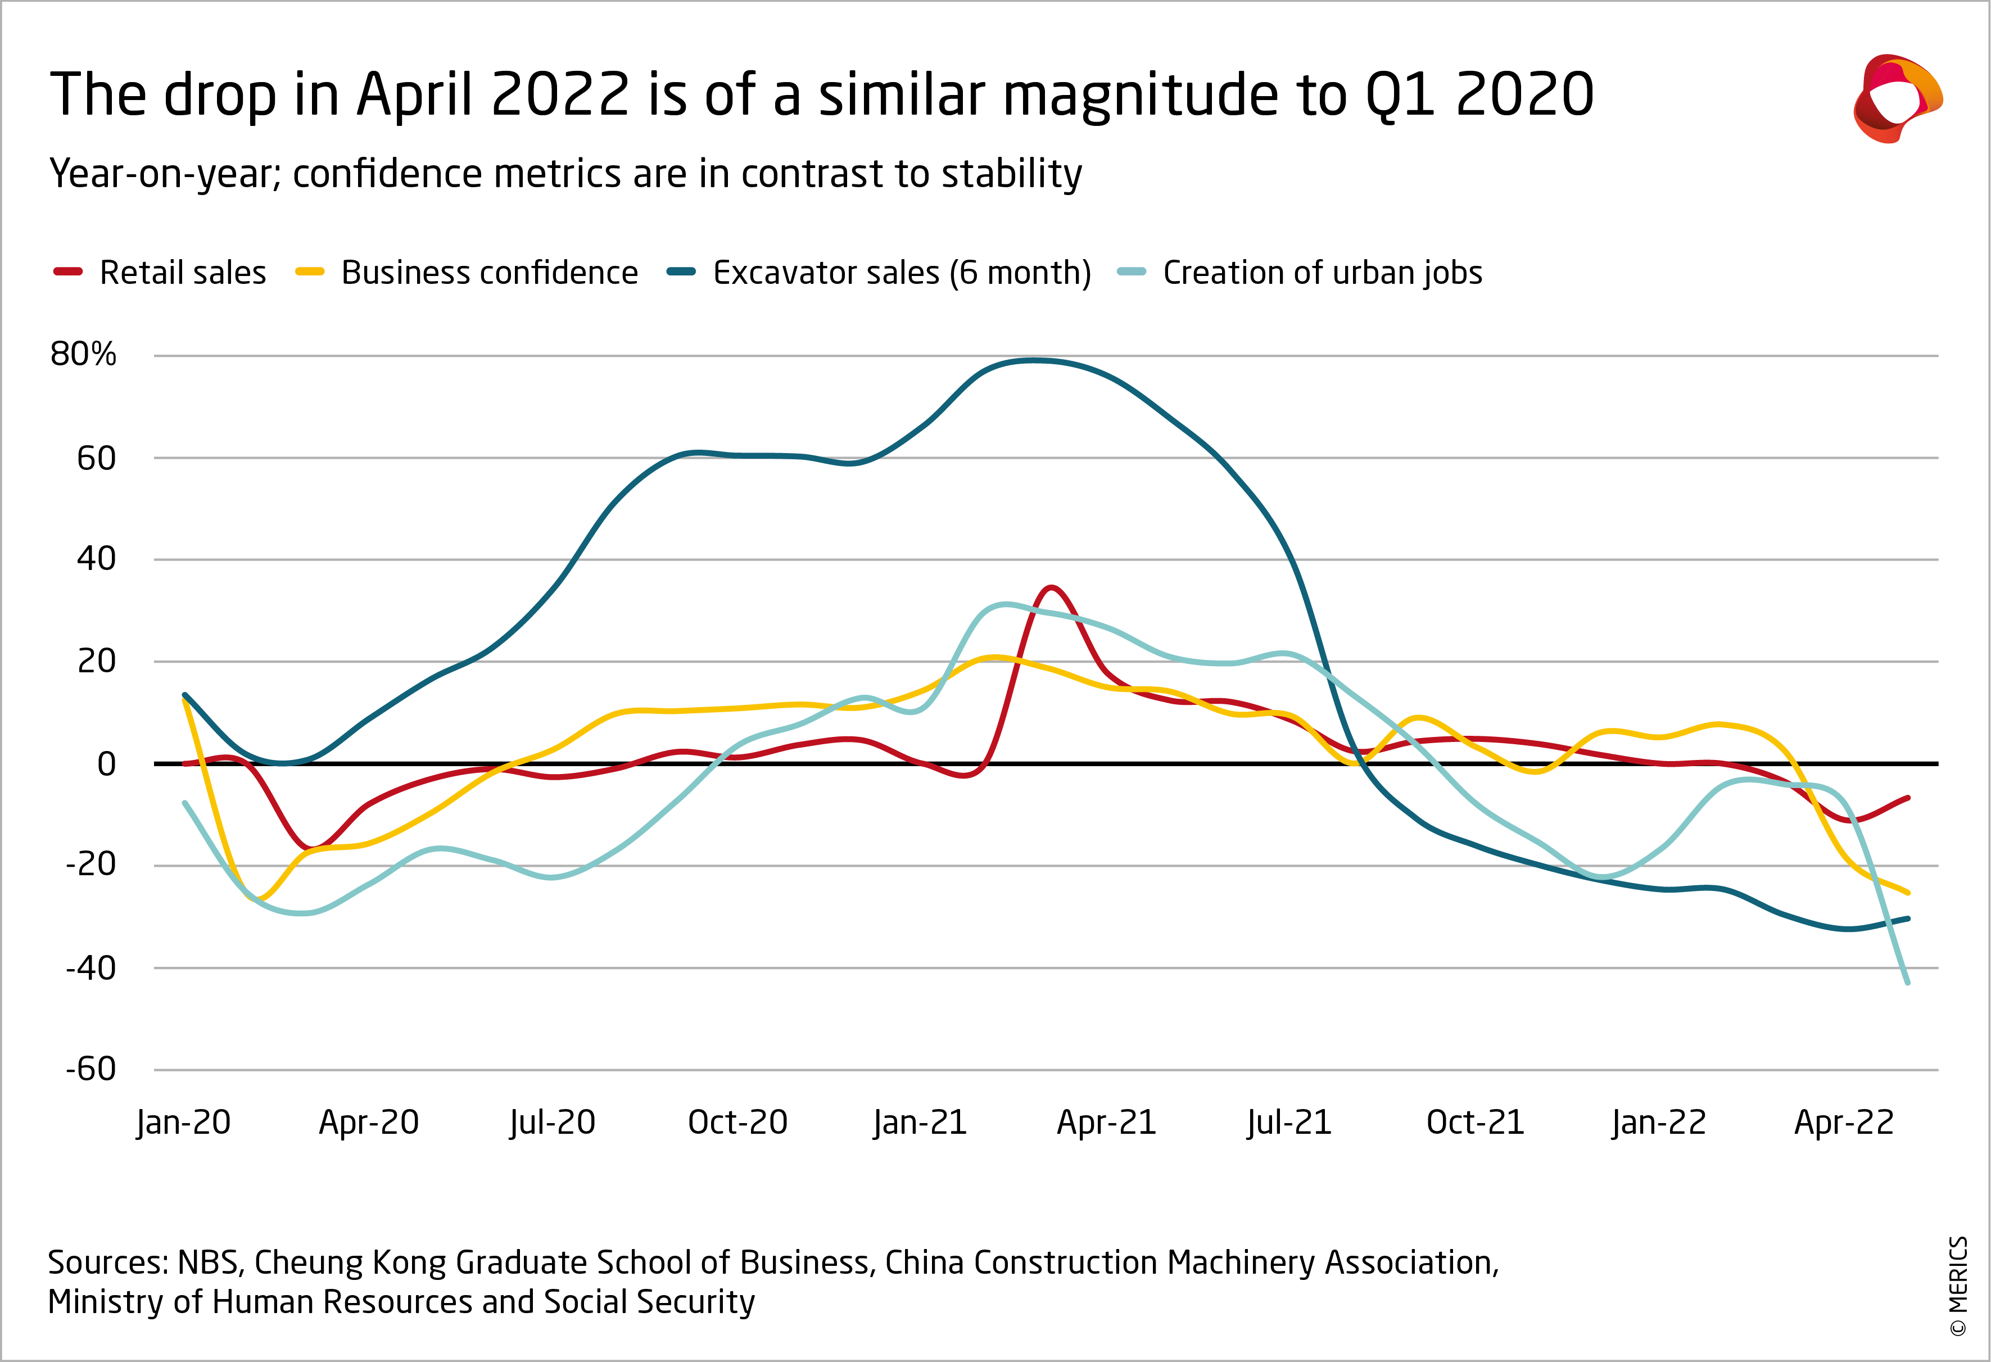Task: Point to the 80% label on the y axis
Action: click(83, 354)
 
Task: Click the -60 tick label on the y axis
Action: click(91, 1069)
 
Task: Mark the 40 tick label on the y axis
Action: click(96, 559)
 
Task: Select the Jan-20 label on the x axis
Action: click(183, 1122)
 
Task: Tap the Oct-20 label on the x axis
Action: click(737, 1122)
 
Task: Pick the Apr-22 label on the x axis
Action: click(1844, 1122)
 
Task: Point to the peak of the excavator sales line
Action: click(1035, 360)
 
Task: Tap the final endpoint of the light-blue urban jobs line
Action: click(1908, 983)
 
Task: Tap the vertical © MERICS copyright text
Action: click(1958, 1285)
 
